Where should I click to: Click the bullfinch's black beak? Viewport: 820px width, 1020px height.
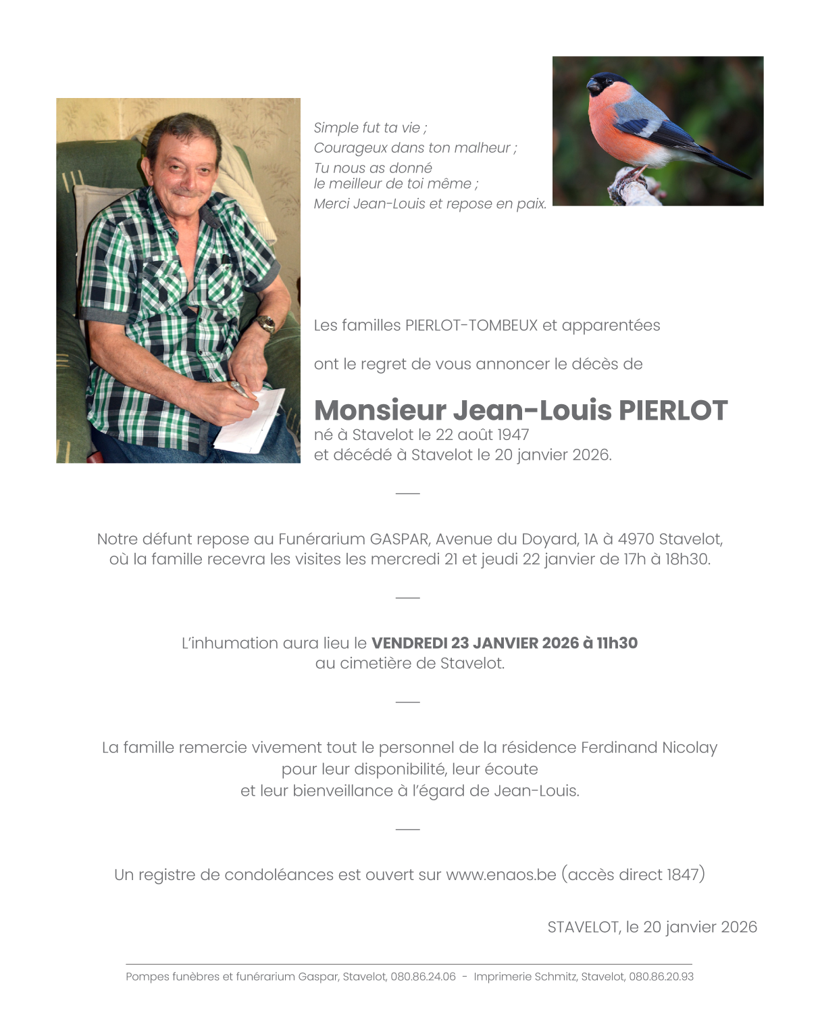pos(594,86)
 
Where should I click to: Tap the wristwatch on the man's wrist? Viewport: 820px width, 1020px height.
pos(265,324)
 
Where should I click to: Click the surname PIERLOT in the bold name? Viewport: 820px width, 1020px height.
pos(673,410)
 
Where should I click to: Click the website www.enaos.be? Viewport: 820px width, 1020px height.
pos(501,875)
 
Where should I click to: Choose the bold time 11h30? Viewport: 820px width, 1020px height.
pos(617,643)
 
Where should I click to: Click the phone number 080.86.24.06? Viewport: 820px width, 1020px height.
pos(423,977)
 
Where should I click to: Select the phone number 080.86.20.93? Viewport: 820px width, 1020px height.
pos(661,977)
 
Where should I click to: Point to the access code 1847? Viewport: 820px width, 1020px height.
pos(683,875)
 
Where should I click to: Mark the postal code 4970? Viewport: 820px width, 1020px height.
pos(636,539)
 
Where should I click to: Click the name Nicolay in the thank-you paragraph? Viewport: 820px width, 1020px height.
pos(690,748)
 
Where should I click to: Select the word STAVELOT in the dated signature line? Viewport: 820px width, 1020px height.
pos(584,927)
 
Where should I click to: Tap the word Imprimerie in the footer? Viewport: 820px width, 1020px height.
pos(501,977)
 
